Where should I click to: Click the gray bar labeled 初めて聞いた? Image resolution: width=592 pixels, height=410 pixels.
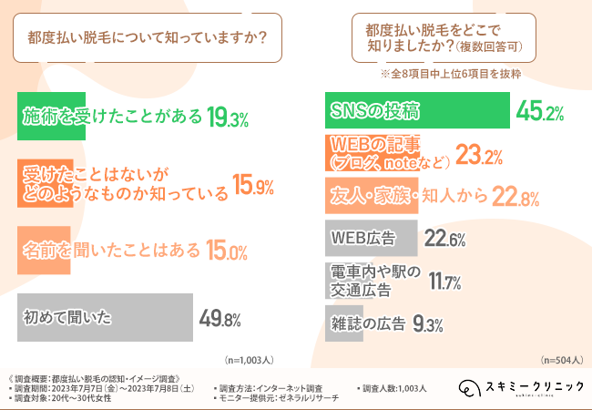pos(105,317)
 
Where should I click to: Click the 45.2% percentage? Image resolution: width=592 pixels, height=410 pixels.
pos(540,113)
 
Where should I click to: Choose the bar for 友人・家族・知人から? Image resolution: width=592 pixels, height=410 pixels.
pos(372,195)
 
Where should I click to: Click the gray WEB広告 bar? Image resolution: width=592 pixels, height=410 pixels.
pos(372,239)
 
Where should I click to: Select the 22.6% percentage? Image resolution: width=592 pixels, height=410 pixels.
pos(445,239)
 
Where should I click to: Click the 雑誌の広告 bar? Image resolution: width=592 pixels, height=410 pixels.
pos(344,323)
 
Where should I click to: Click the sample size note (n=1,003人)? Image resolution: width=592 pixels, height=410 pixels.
pos(246,360)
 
